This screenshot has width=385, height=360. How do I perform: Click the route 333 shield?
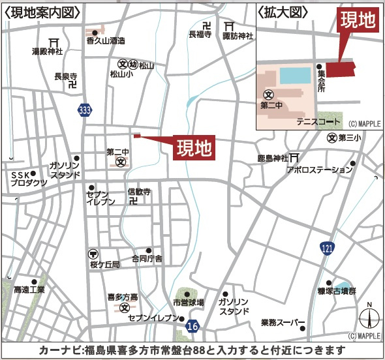coord(84,110)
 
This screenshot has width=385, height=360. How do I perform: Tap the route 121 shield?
coord(326,248)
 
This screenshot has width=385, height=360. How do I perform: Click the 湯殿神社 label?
coord(48,51)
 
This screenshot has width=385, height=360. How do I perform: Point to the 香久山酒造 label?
coord(105,40)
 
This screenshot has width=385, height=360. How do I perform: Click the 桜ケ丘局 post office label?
coord(105,265)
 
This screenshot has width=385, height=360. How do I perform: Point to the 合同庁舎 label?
coord(147,259)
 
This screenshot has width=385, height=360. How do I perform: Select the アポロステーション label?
coord(319,170)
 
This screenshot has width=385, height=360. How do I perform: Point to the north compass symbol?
coord(369,319)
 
